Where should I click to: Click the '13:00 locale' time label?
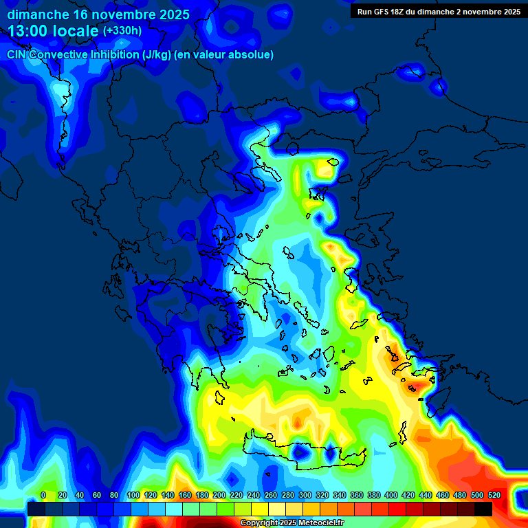pyautogui.click(x=54, y=30)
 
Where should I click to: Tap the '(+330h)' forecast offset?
pyautogui.click(x=122, y=31)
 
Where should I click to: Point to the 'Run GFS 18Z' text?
pyautogui.click(x=382, y=12)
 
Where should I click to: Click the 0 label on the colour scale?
pyautogui.click(x=44, y=495)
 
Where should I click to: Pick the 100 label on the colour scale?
pyautogui.click(x=133, y=495)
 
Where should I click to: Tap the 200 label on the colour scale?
pyautogui.click(x=219, y=495)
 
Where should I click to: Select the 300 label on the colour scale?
pyautogui.click(x=305, y=495)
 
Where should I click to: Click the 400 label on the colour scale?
pyautogui.click(x=391, y=495)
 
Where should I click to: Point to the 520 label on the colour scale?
pyautogui.click(x=494, y=495)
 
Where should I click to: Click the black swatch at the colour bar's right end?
pyautogui.click(x=483, y=509)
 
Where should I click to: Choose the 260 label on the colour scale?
pyautogui.click(x=271, y=495)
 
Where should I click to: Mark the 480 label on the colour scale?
pyautogui.click(x=460, y=495)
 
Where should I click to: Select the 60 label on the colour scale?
pyautogui.click(x=97, y=495)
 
